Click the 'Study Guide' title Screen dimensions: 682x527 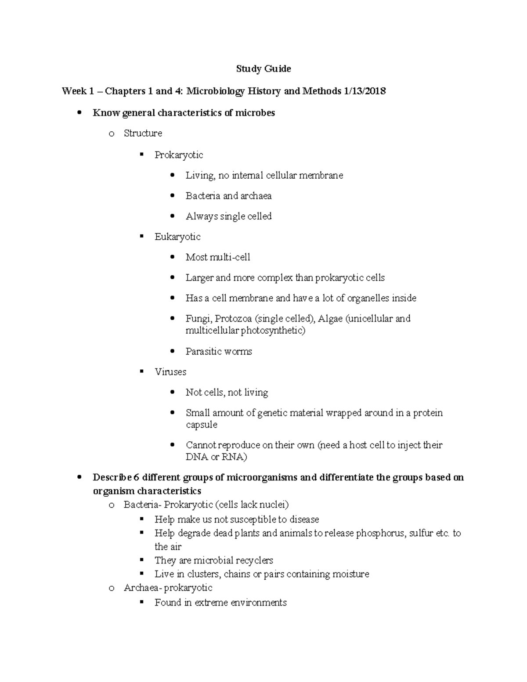(x=263, y=69)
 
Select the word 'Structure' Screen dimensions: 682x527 (x=143, y=134)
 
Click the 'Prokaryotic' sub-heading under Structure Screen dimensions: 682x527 (x=178, y=155)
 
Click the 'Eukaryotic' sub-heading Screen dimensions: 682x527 (x=177, y=237)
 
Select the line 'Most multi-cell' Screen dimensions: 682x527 (x=218, y=257)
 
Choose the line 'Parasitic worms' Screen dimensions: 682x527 (x=219, y=352)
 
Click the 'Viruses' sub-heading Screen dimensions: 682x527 (x=170, y=372)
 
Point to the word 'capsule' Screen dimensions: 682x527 (x=202, y=425)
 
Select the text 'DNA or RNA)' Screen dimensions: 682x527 (x=217, y=457)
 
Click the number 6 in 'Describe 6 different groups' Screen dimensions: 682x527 (x=136, y=477)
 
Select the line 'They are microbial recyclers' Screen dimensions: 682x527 (x=213, y=561)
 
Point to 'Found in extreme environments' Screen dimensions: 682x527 (x=220, y=603)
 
